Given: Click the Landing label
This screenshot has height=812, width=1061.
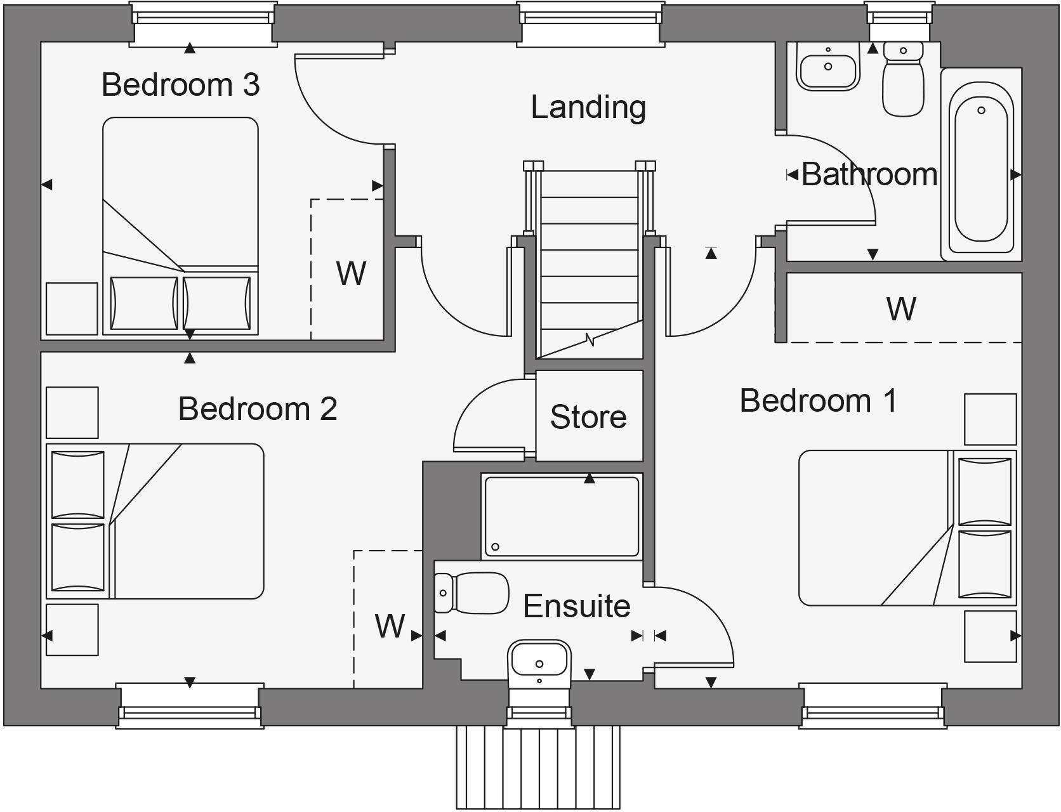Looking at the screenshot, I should pos(588,107).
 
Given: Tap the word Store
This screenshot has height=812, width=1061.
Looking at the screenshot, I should pos(588,417).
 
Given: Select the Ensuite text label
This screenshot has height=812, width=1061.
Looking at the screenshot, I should pos(576,606).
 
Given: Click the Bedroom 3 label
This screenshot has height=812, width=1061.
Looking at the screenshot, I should pos(180,84).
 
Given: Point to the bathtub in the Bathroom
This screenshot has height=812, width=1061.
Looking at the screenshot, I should pos(981,164).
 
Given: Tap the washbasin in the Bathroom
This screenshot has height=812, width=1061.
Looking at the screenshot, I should pos(827,67).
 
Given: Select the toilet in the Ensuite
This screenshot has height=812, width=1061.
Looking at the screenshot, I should pos(473,593).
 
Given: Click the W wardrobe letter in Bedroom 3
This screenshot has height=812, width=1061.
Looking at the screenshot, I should pos(351,273).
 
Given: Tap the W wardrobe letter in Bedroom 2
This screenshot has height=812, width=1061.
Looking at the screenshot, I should pos(390,626).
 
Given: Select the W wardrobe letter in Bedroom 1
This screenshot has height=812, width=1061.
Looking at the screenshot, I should pos(901,309).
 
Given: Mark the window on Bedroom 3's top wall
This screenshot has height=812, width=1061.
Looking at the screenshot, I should pos(203,23).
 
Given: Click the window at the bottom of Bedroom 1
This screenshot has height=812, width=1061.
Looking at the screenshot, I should pos(873,705).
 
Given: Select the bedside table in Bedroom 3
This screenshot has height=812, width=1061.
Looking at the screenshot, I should pos(72,309).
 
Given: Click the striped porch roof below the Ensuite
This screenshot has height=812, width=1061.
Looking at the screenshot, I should pos(538,766).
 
